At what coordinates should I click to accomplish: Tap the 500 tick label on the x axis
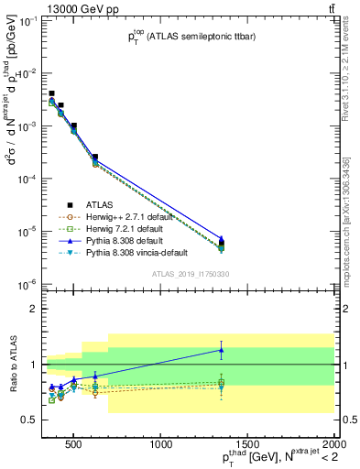(76, 445)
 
